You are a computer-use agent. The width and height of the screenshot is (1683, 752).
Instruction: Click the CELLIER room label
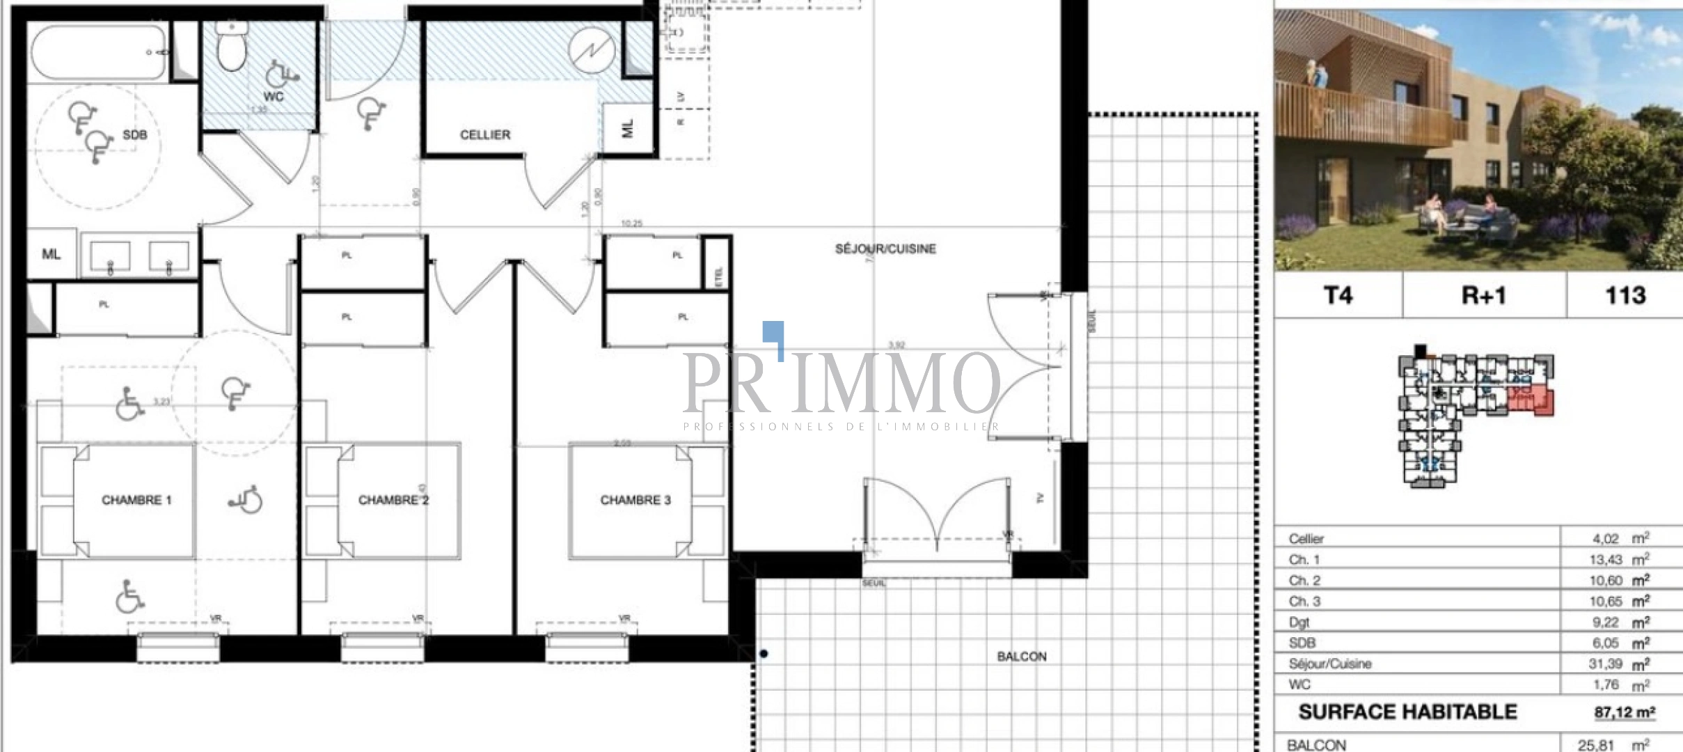(x=484, y=134)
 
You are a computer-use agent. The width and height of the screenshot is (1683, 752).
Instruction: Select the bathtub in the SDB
(x=98, y=52)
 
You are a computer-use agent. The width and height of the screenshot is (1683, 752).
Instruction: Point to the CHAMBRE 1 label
(x=136, y=500)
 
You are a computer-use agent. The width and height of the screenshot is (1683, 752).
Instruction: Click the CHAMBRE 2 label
(x=393, y=500)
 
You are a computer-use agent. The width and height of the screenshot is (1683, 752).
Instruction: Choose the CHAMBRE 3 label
(x=635, y=500)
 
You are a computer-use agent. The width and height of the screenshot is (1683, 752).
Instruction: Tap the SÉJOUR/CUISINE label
(x=885, y=249)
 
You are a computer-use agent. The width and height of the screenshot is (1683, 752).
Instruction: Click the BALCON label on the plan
(x=1021, y=656)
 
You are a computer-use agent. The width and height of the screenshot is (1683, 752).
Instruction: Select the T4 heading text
(x=1338, y=295)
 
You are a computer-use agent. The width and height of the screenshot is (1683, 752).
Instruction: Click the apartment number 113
(x=1625, y=295)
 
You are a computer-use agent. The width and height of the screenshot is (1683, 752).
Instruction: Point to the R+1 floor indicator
(x=1483, y=295)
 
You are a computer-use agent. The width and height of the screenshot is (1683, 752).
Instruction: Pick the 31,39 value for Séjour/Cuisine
(x=1605, y=664)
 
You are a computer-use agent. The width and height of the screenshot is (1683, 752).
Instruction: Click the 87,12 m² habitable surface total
(x=1624, y=712)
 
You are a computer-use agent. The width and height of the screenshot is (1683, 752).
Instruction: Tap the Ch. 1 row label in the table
(x=1304, y=559)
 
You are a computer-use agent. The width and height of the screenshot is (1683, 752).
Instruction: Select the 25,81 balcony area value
(x=1595, y=745)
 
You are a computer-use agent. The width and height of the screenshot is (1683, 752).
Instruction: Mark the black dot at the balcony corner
(x=764, y=653)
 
